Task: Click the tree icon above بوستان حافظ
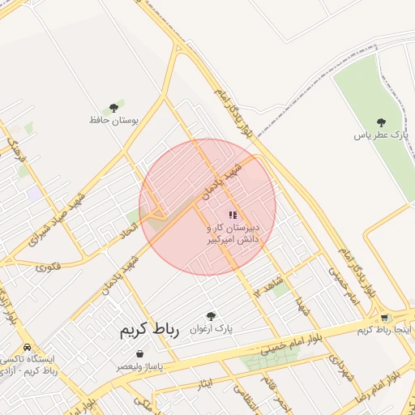[113, 108]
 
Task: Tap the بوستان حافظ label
[113, 120]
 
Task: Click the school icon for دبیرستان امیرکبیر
[233, 216]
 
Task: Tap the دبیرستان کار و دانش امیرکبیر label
[233, 234]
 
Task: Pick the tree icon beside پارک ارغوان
[211, 316]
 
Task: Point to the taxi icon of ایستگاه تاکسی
[28, 346]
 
